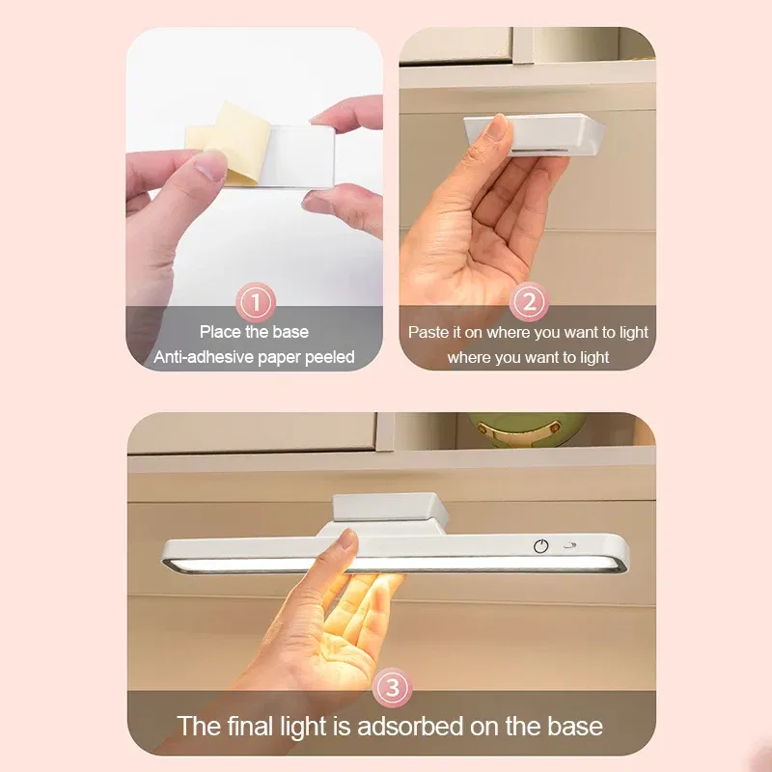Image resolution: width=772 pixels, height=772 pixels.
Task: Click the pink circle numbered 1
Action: [256, 303]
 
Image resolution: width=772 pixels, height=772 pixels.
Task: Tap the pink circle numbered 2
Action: [528, 303]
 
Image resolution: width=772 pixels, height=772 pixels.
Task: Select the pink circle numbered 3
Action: [392, 687]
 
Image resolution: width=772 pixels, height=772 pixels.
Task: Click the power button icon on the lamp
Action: [541, 545]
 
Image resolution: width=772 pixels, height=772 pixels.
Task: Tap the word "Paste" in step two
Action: [428, 332]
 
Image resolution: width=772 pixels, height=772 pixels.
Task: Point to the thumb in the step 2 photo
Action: [498, 130]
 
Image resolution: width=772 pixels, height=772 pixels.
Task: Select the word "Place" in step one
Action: [220, 332]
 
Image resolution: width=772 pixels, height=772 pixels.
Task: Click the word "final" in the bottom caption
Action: [254, 726]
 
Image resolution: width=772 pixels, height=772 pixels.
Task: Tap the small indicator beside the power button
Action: [568, 545]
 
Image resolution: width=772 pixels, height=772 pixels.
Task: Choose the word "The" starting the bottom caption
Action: [199, 726]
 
